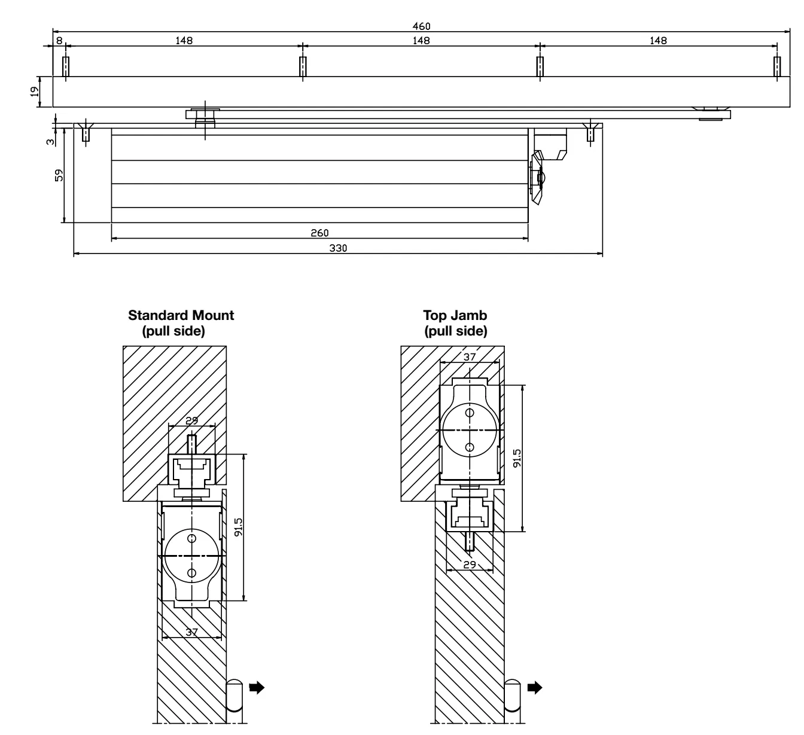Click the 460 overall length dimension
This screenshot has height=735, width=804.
[x=421, y=26]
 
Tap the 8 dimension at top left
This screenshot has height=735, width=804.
[x=59, y=41]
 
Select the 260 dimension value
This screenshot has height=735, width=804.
[x=319, y=233]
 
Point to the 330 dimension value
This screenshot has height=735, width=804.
[x=338, y=248]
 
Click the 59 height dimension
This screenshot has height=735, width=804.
[x=59, y=175]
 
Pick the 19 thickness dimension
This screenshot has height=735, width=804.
[x=35, y=92]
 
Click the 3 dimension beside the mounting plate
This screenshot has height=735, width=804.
[x=50, y=142]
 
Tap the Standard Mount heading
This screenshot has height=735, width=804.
[x=181, y=315]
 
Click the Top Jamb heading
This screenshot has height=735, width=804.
[x=455, y=315]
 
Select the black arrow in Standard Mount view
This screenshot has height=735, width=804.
[x=257, y=688]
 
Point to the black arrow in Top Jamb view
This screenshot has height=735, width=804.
[x=535, y=688]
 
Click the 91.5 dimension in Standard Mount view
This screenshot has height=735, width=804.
[x=238, y=527]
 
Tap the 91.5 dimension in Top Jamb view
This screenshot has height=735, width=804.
[x=517, y=458]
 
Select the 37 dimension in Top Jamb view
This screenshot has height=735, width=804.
[x=470, y=356]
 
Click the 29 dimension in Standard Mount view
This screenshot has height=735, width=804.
[x=191, y=420]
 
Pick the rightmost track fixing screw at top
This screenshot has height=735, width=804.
[x=777, y=66]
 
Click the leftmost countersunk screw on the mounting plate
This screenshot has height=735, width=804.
[x=86, y=132]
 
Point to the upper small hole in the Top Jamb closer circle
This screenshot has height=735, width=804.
[x=470, y=413]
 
